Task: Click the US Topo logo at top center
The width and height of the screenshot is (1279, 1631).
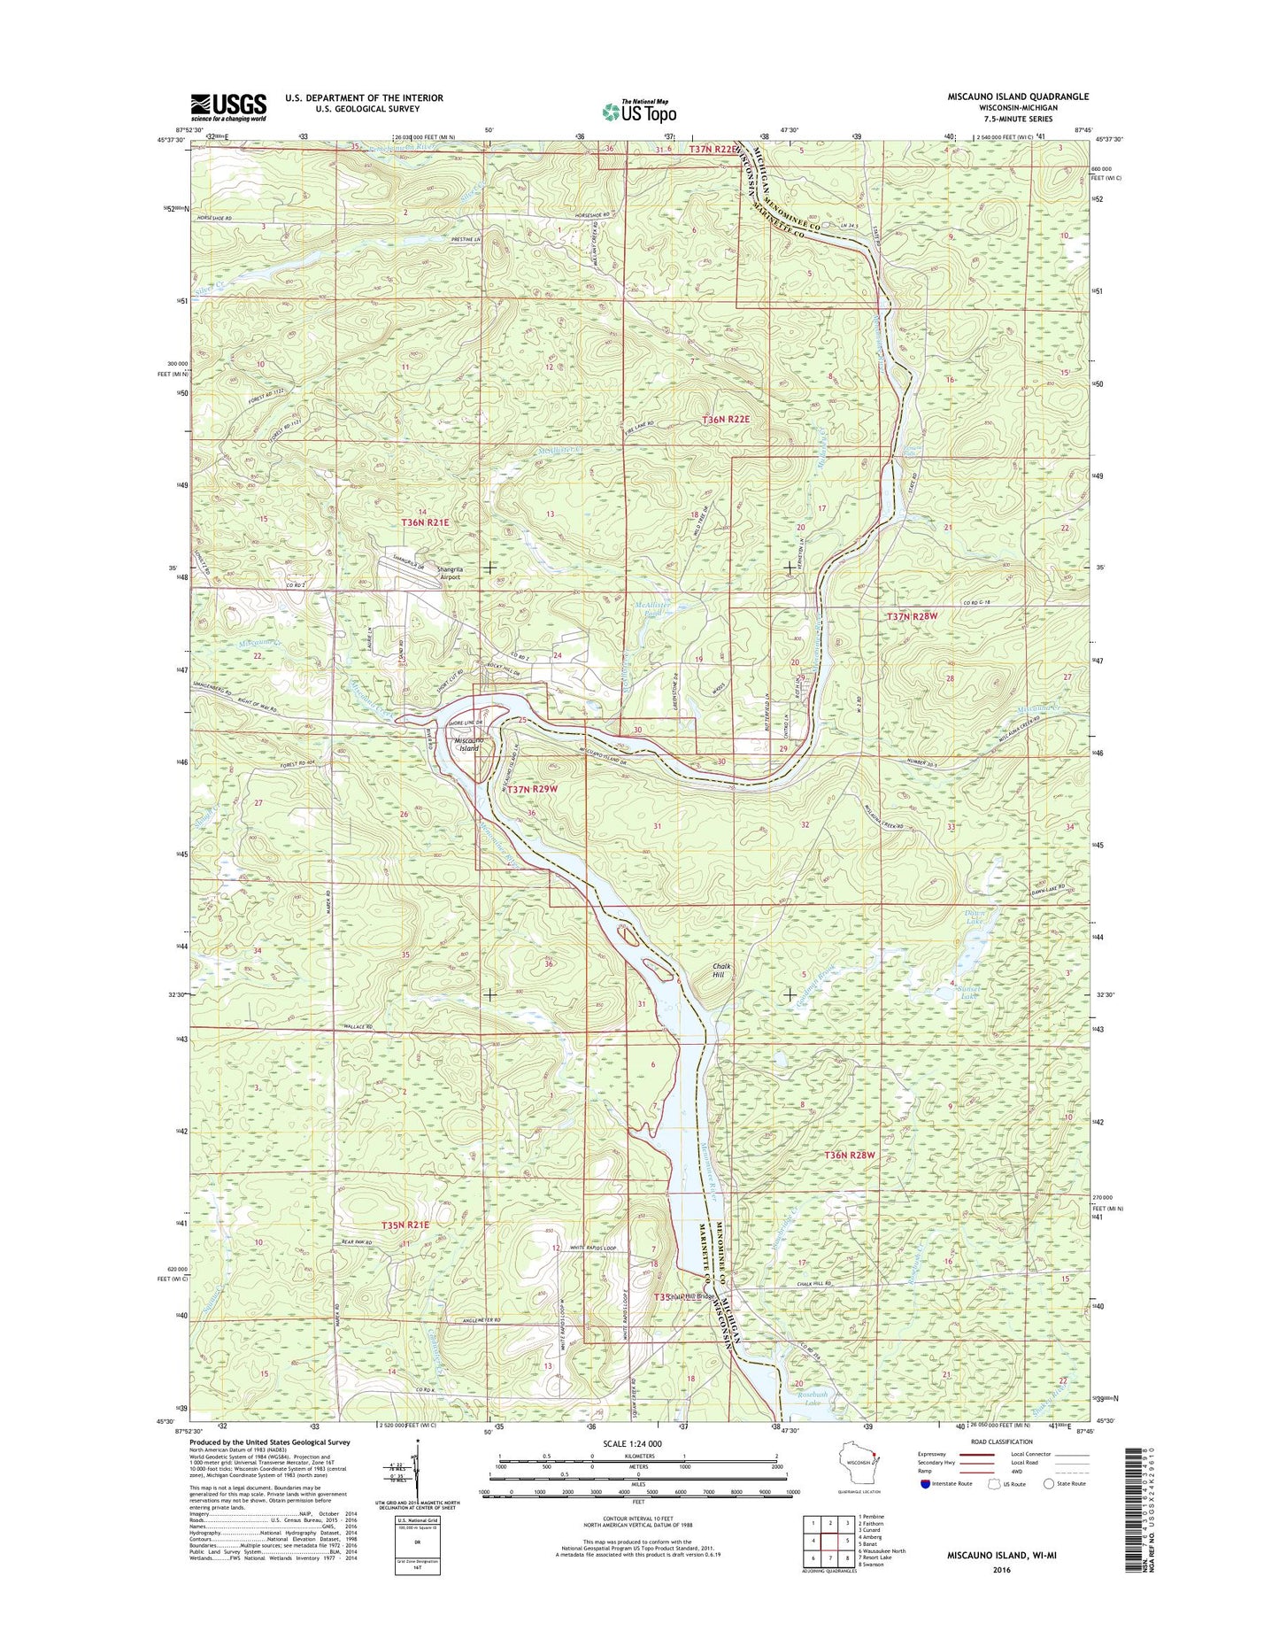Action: pyautogui.click(x=639, y=111)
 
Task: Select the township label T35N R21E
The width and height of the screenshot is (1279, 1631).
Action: pyautogui.click(x=405, y=1225)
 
